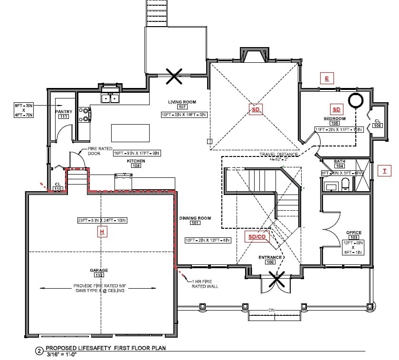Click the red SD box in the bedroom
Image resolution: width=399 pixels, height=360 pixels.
[336, 109]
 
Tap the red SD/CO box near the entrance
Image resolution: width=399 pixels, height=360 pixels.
[257, 237]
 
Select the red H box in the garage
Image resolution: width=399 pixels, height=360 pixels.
[101, 232]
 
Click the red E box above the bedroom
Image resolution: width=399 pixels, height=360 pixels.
[327, 78]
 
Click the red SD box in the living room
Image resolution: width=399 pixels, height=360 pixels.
[256, 110]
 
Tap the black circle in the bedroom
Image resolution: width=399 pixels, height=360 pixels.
[355, 100]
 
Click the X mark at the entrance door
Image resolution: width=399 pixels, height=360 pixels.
[275, 279]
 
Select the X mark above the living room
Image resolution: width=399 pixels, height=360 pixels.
[174, 76]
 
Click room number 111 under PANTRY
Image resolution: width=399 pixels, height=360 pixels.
[64, 117]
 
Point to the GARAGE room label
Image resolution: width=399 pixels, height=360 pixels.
[99, 270]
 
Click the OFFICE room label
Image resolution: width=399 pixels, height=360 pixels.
[354, 233]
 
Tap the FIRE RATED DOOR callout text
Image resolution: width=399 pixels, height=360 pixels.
[99, 152]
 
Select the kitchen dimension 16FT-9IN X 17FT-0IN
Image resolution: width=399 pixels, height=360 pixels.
[137, 153]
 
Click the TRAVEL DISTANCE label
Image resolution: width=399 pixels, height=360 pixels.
[279, 155]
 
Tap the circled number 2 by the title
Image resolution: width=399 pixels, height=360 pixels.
[39, 351]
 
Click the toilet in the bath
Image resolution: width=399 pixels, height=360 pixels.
[345, 184]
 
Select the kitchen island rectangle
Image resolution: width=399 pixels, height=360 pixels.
[130, 133]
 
